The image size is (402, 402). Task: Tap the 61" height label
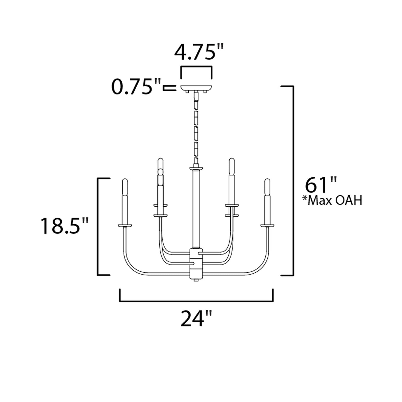point(321,185)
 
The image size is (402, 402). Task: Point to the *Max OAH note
point(332,200)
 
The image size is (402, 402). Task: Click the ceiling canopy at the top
point(196,88)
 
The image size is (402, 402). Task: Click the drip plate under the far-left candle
point(125,225)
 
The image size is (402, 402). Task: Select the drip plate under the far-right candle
point(267,225)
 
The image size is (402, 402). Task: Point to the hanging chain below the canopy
point(196,128)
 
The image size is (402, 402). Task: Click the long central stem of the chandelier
point(196,209)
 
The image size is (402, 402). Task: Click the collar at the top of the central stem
point(196,168)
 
